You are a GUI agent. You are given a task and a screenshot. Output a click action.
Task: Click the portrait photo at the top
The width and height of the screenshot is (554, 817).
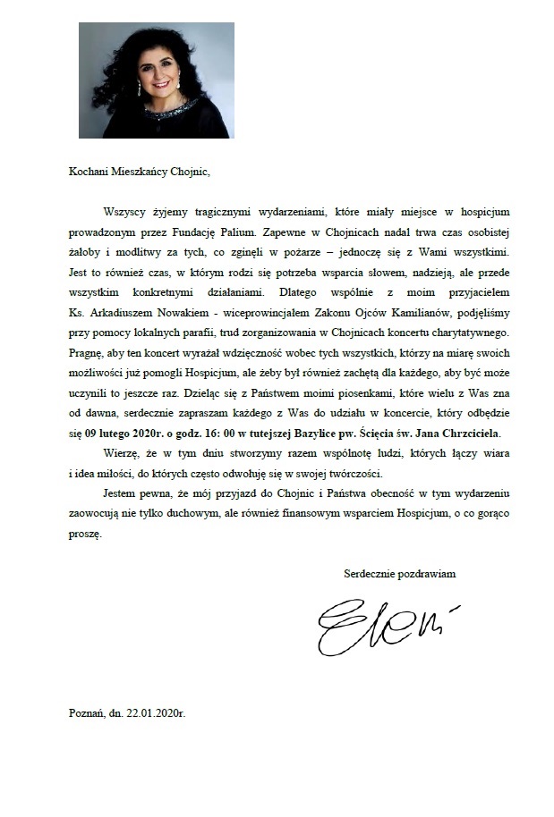pyautogui.click(x=157, y=80)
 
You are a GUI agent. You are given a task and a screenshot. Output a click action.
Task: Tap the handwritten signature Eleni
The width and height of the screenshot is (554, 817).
pyautogui.click(x=384, y=627)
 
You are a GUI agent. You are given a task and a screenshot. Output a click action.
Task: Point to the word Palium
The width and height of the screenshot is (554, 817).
pyautogui.click(x=239, y=237)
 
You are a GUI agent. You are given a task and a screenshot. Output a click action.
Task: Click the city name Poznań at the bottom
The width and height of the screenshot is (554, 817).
pyautogui.click(x=86, y=715)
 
